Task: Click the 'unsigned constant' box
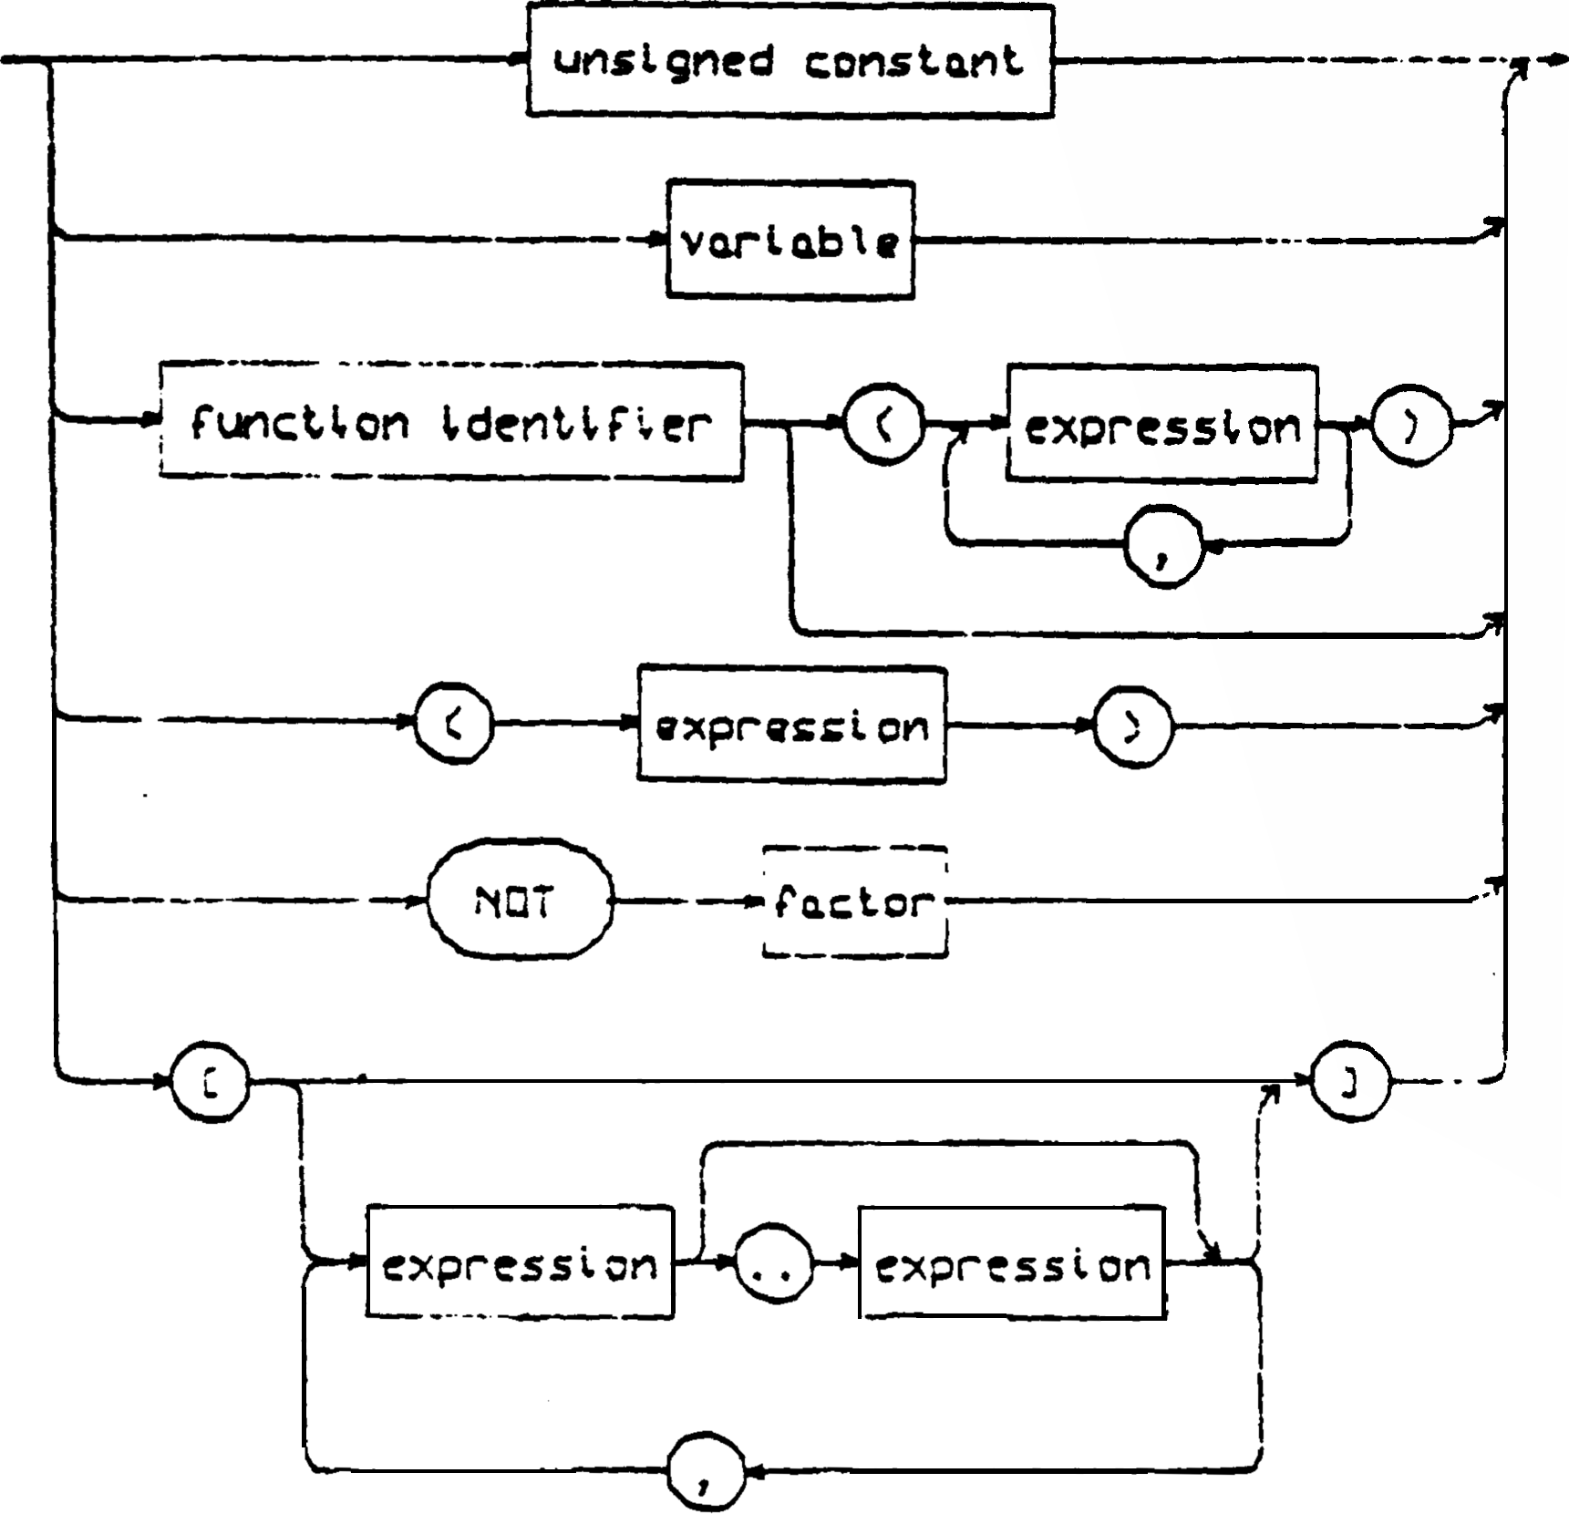tap(790, 61)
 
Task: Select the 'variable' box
tap(790, 241)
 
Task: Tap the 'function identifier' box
tap(451, 422)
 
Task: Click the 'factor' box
tap(854, 901)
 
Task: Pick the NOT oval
tap(520, 901)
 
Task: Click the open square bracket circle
tap(211, 1084)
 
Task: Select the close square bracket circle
tap(1350, 1084)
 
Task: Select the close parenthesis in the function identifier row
tap(1411, 426)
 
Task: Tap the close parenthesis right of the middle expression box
tap(1133, 726)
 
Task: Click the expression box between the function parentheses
tap(1161, 425)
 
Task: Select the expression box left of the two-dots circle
tap(520, 1263)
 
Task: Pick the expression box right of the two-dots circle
tap(1012, 1264)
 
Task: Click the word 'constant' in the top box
tap(914, 61)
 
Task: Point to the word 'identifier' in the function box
tap(576, 423)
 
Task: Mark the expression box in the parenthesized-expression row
tap(791, 725)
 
